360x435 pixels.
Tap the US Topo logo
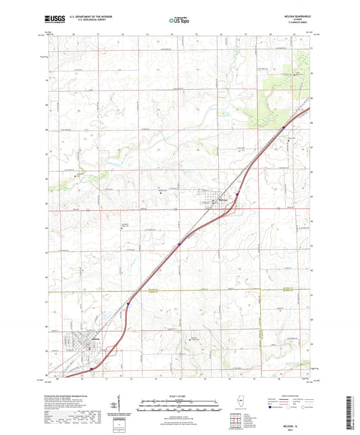pos(179,22)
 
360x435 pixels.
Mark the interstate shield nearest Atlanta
pos(91,369)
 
